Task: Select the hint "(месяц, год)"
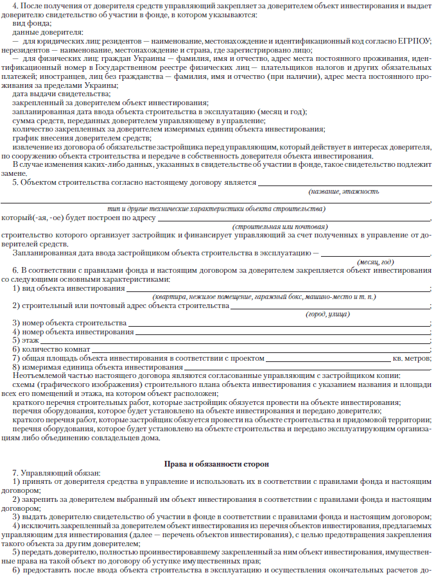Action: click(375, 262)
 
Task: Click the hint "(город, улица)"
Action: click(327, 314)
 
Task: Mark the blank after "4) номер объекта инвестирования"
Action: click(282, 332)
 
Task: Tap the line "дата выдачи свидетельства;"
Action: click(55, 94)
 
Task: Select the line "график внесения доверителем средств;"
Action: click(82, 138)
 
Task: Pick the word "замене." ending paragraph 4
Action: click(15, 173)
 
